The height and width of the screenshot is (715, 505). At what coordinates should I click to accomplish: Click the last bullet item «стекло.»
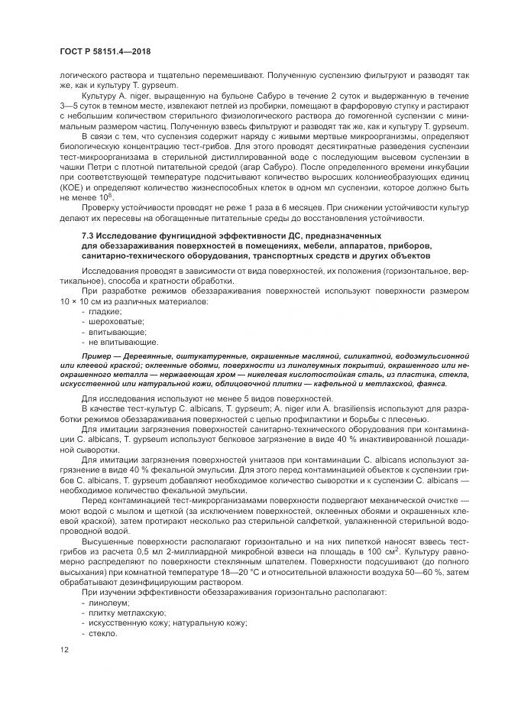[104, 634]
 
